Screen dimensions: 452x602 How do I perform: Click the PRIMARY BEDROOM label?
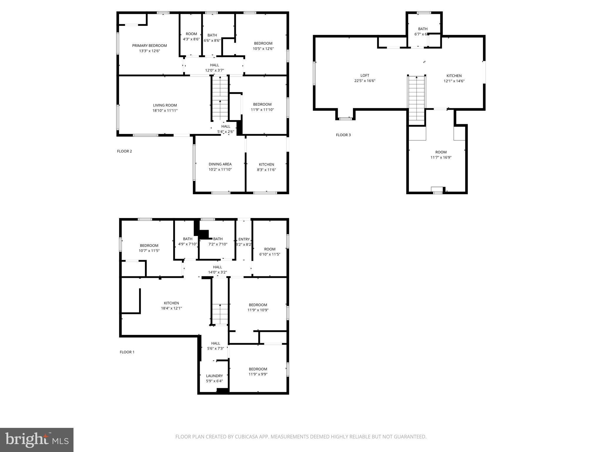click(149, 46)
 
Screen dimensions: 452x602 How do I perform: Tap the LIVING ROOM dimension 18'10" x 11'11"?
click(165, 111)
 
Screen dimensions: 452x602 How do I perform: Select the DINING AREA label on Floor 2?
click(220, 164)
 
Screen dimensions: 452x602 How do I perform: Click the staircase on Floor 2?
click(220, 99)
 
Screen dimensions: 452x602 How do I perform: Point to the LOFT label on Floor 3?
click(364, 76)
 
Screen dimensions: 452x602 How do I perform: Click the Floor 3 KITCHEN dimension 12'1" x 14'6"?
click(454, 81)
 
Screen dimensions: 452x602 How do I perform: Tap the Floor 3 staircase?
click(417, 99)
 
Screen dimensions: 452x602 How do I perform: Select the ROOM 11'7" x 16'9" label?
click(441, 152)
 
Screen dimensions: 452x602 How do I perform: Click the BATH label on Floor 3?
click(423, 29)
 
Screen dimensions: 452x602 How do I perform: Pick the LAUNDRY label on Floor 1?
click(214, 376)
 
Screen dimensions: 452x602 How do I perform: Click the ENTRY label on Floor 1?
click(244, 239)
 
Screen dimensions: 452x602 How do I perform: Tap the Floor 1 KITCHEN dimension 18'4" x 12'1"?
click(171, 308)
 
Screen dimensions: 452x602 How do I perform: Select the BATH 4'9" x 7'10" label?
click(188, 239)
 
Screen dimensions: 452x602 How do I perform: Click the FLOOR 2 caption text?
click(124, 151)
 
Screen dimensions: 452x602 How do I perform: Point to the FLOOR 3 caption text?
click(343, 135)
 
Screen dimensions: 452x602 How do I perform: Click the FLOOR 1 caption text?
click(127, 352)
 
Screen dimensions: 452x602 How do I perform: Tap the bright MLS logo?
click(37, 440)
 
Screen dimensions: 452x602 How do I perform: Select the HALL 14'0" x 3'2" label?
click(218, 267)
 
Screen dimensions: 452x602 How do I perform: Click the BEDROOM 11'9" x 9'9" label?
click(258, 369)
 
